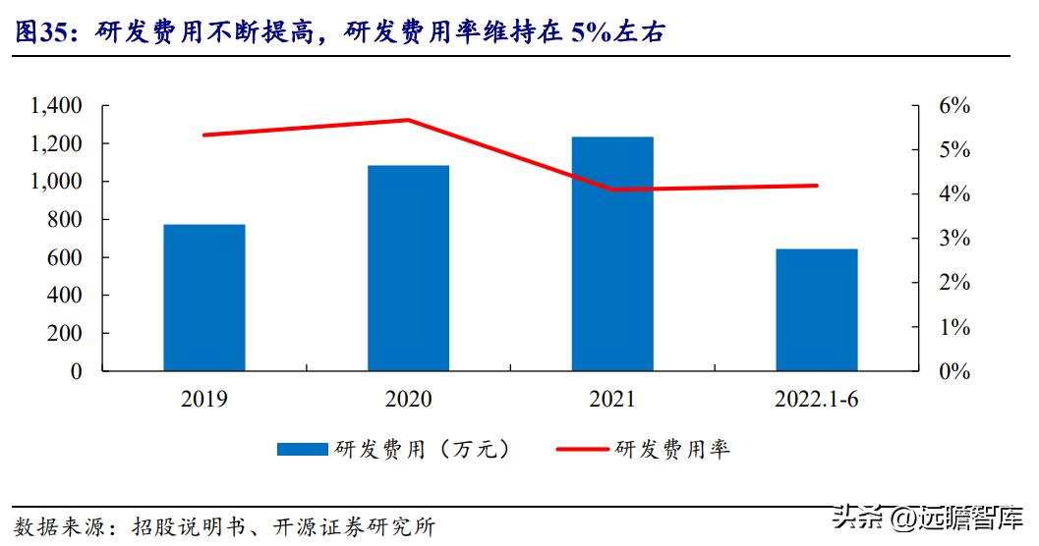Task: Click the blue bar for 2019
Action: (204, 298)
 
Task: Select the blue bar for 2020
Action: (408, 268)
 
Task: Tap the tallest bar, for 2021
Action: (612, 253)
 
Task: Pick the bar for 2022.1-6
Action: (816, 309)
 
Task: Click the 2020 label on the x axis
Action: (408, 399)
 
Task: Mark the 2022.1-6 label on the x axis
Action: (816, 399)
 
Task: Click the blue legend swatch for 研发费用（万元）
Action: (302, 450)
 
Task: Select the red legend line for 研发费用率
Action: (582, 450)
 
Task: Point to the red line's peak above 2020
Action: (408, 120)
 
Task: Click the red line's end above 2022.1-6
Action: (816, 186)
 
